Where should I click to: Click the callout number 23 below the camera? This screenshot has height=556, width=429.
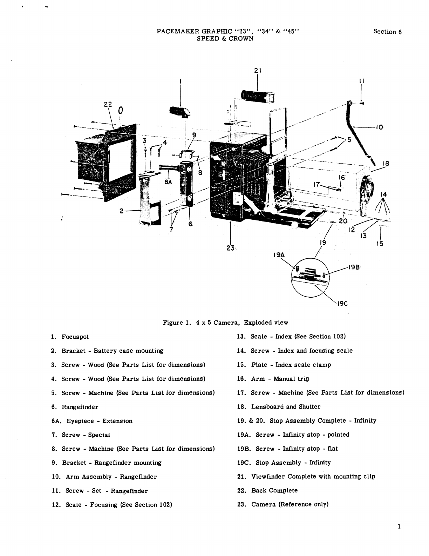(x=230, y=247)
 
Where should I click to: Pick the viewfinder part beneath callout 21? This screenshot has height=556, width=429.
(x=258, y=96)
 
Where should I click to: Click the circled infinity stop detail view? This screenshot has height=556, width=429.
(x=308, y=277)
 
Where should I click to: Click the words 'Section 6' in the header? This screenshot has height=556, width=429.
(x=387, y=32)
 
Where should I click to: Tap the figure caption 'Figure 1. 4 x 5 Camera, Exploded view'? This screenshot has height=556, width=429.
(x=225, y=323)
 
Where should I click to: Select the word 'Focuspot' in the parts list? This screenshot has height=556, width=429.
(x=75, y=337)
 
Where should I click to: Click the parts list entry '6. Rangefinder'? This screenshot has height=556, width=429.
(x=75, y=407)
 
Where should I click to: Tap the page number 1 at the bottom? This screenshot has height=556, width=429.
(x=399, y=526)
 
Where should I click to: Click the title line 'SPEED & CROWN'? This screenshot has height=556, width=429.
(x=225, y=39)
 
